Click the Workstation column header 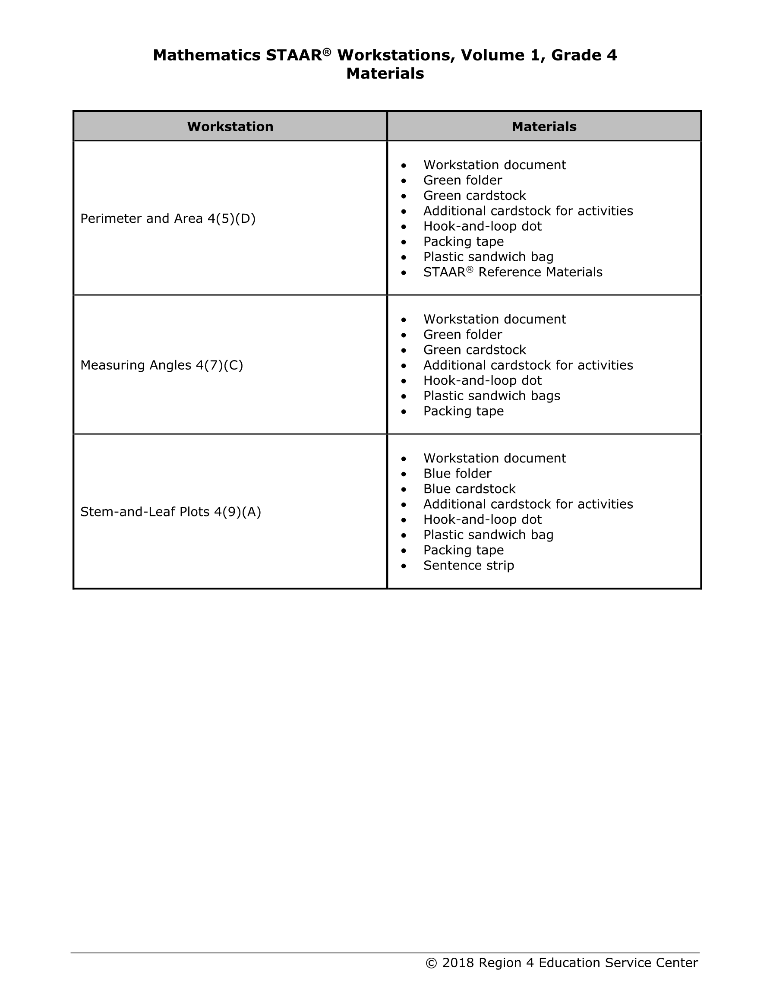click(230, 127)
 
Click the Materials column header click(543, 127)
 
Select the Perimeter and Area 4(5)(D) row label click(167, 218)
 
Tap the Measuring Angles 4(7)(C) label click(161, 365)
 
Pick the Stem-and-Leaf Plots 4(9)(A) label click(170, 512)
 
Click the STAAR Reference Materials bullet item click(513, 272)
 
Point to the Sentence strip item click(468, 565)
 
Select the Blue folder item click(457, 473)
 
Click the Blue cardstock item click(469, 489)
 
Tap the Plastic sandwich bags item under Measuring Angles click(492, 396)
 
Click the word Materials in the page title click(385, 73)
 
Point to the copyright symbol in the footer click(431, 963)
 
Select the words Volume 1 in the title click(502, 55)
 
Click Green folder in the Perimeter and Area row click(462, 180)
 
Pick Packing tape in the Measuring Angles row click(463, 411)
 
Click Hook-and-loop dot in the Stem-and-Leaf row click(482, 519)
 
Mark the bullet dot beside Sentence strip click(404, 566)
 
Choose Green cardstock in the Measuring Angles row click(474, 350)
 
